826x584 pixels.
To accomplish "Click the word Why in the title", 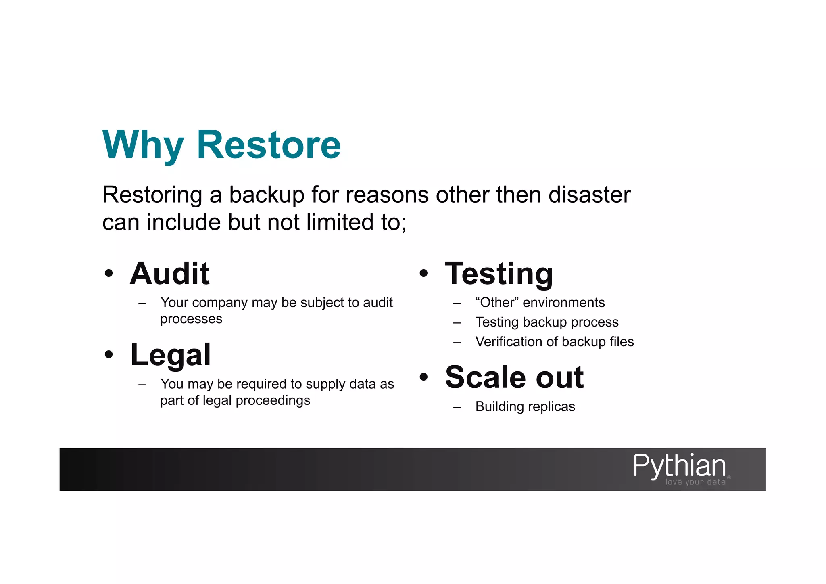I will pyautogui.click(x=143, y=145).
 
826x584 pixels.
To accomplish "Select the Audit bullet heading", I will pyautogui.click(x=170, y=274).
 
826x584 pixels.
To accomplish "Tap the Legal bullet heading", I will pyautogui.click(x=171, y=355).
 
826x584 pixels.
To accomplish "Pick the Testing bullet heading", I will pyautogui.click(x=499, y=274).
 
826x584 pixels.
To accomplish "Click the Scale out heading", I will pyautogui.click(x=514, y=377).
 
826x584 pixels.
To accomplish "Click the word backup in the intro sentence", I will pyautogui.click(x=267, y=195).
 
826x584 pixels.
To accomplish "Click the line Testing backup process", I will pyautogui.click(x=546, y=322).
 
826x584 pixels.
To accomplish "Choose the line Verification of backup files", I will pyautogui.click(x=555, y=342).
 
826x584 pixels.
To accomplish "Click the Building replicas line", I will pyautogui.click(x=525, y=406).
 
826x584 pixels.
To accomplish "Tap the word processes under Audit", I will pyautogui.click(x=191, y=319).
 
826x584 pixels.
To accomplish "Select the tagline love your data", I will pyautogui.click(x=695, y=482).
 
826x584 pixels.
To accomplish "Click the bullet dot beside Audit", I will pyautogui.click(x=108, y=274).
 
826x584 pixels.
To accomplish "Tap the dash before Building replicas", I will pyautogui.click(x=457, y=407).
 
